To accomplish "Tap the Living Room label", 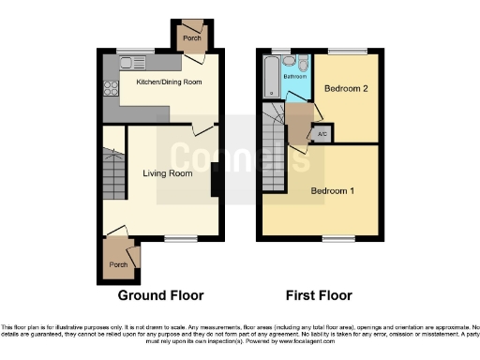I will pos(168,173).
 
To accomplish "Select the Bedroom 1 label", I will pos(333,191).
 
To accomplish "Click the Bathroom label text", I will pos(296,76).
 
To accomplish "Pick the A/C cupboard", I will pos(322,134).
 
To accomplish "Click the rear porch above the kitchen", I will pos(192,37).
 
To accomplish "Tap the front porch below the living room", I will pos(119,263).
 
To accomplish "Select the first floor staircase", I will pos(274,150).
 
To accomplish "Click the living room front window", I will pos(177,238).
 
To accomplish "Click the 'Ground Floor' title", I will pos(160,295).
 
